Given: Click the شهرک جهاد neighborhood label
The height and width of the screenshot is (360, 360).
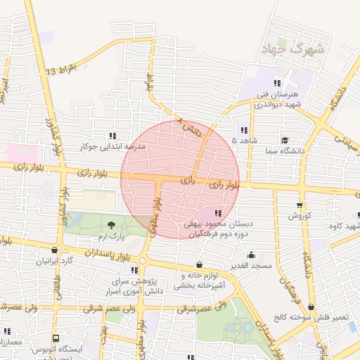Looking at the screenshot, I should tap(292, 50).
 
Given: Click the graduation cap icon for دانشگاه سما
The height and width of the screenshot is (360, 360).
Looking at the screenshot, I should tap(285, 140).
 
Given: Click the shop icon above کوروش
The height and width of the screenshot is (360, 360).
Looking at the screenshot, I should tap(300, 206).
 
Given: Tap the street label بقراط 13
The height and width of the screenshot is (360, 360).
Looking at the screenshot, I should tap(60, 70).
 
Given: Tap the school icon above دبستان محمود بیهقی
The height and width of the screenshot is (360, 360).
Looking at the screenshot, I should tap(218, 212).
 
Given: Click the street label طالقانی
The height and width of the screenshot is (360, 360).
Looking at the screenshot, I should tap(54, 288).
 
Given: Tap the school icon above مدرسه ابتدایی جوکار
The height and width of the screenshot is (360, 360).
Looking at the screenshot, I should tap(112, 136).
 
